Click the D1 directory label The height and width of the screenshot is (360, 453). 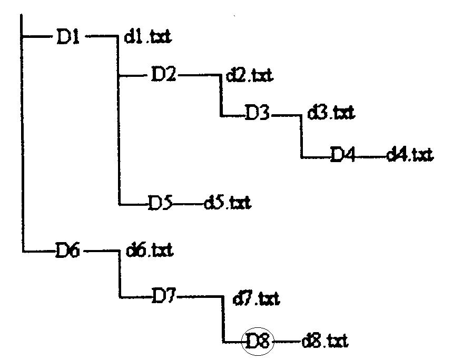pos(67,37)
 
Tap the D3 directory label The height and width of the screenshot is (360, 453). pos(257,113)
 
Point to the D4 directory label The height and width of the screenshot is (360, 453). pos(343,156)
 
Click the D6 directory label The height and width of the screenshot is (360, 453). pos(67,251)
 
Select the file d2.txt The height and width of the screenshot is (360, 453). pos(249,76)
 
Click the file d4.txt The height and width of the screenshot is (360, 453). pos(409,155)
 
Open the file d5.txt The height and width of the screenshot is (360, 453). pos(227,203)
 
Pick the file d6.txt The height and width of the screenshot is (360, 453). pos(150,251)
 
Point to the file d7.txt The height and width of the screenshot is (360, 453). pos(256,299)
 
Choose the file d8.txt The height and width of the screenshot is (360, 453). pos(324,343)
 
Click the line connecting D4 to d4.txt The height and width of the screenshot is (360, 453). pos(371,156)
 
